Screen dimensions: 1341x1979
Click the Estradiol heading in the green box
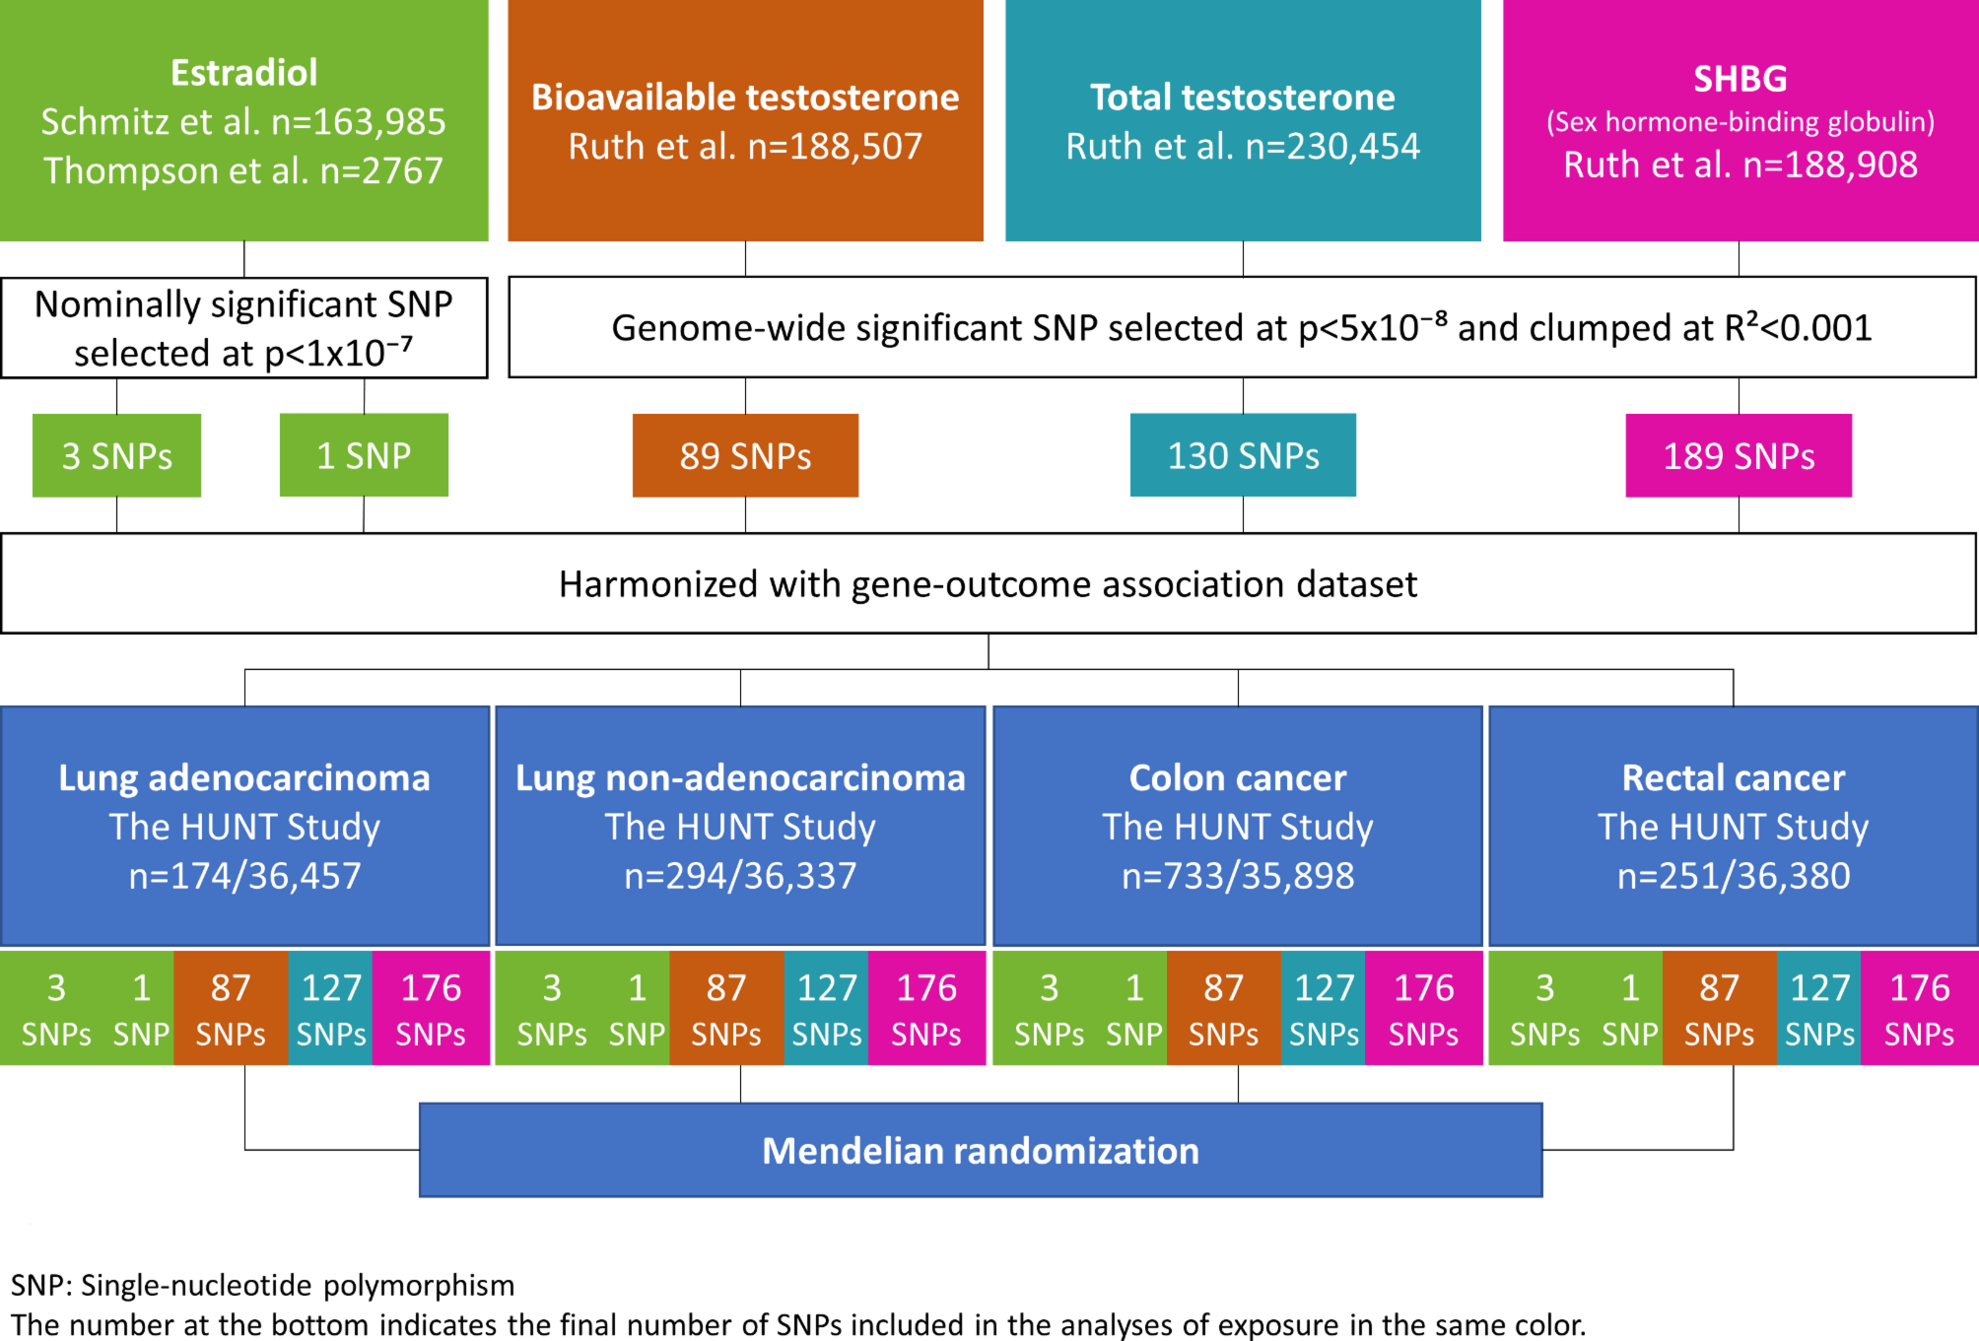coord(243,73)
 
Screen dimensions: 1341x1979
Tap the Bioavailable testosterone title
coord(745,98)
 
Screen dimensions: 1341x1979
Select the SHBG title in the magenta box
coord(1740,79)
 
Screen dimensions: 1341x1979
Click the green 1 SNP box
coord(364,455)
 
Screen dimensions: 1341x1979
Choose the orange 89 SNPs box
coord(745,455)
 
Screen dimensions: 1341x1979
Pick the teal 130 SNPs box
coord(1243,455)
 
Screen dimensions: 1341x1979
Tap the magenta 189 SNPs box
coord(1739,455)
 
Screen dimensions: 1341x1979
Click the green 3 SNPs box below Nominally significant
coord(116,455)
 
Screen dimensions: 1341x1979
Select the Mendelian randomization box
coord(981,1150)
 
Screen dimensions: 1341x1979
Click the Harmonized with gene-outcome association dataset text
coord(988,584)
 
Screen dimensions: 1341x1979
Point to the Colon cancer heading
coord(1238,778)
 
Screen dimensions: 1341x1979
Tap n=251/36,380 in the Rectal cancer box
coord(1734,876)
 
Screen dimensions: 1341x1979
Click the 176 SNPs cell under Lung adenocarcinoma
coord(431,1009)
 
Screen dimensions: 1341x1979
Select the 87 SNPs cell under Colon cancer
coord(1223,1009)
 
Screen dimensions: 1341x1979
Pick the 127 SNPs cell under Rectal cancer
coord(1819,1009)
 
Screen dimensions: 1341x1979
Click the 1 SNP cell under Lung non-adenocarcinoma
coord(637,1009)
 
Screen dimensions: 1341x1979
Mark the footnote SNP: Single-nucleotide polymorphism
coord(262,1285)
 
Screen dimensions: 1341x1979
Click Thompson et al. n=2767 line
coord(243,171)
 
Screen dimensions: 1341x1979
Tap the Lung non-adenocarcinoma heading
coord(740,778)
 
